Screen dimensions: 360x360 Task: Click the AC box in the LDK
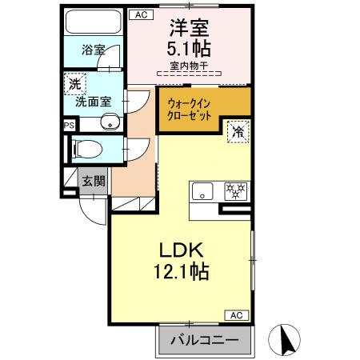(237, 314)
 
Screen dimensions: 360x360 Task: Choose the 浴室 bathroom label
(93, 50)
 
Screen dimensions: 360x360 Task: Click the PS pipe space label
(70, 125)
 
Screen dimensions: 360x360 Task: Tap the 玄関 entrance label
(93, 181)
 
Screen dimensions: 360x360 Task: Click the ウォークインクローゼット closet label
(190, 109)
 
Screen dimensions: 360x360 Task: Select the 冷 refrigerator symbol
(237, 132)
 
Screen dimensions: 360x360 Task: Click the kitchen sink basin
(202, 191)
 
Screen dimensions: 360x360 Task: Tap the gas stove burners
(235, 191)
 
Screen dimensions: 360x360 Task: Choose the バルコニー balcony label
(204, 341)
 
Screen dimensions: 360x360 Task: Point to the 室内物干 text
(188, 65)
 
